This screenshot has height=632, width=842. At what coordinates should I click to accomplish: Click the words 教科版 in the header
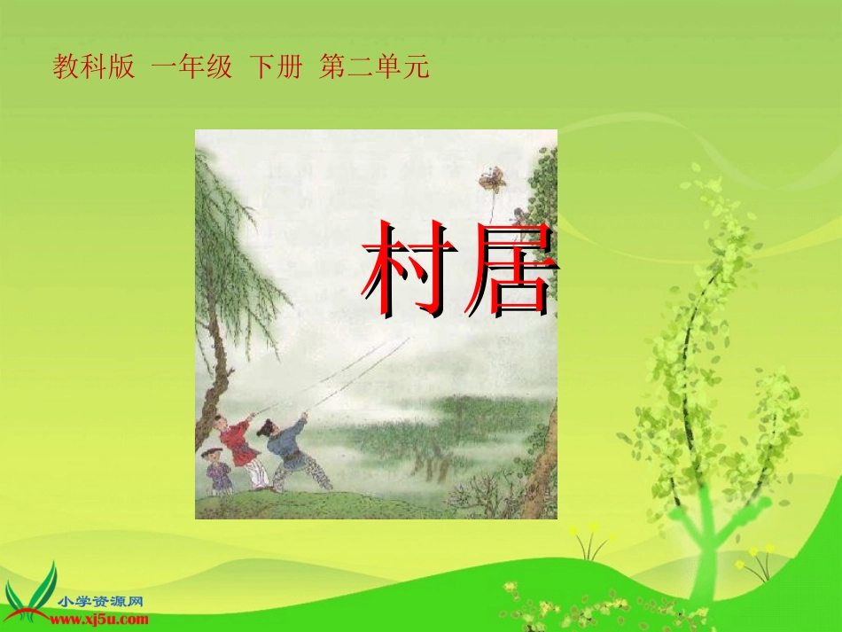coord(94,67)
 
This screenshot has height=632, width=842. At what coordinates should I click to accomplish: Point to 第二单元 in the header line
coord(374,67)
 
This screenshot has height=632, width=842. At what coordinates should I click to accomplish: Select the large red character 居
coord(511,269)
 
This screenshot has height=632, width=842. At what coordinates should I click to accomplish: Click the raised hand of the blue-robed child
coord(304,417)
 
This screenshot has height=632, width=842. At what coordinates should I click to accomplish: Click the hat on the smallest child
coord(211,452)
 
